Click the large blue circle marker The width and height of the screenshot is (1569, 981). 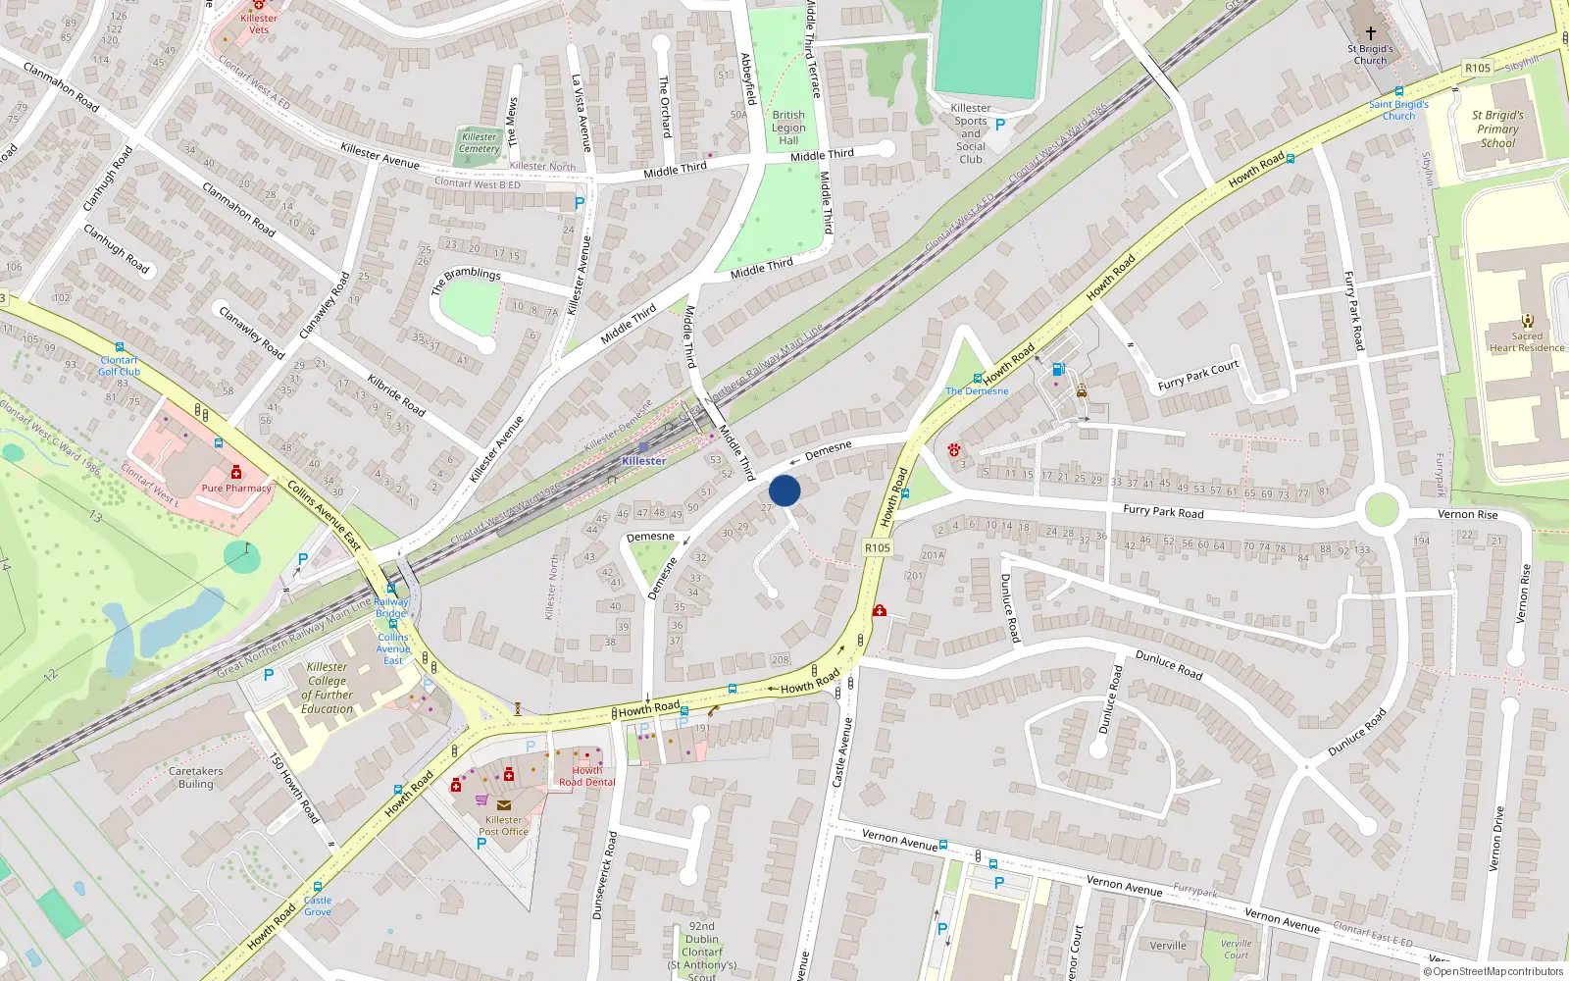tap(784, 490)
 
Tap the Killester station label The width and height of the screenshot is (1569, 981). tap(644, 460)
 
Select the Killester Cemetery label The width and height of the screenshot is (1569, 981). tap(479, 143)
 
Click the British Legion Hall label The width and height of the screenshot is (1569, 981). tap(788, 128)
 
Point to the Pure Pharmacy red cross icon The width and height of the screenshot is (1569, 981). tap(236, 472)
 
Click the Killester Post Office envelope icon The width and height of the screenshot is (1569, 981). tap(503, 805)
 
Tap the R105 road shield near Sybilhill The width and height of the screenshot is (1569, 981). tap(1477, 68)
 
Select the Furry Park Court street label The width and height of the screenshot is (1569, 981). tap(1198, 376)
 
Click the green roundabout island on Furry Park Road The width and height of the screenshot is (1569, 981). tap(1381, 510)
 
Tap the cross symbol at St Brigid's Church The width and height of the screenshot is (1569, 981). tap(1370, 32)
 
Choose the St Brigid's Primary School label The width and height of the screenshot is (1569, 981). tap(1497, 129)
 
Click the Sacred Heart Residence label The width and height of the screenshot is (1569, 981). tap(1527, 341)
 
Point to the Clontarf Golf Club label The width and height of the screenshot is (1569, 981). tap(119, 366)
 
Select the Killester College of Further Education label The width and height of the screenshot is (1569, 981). tap(327, 688)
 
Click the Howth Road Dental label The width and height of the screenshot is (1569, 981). tap(586, 776)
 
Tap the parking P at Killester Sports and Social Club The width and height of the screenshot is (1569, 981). tap(1000, 125)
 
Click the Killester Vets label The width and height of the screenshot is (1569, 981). tap(259, 24)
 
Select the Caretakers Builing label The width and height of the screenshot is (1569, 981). tap(195, 777)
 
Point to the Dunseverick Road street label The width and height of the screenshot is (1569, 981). tap(604, 875)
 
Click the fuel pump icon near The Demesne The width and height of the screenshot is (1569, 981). tap(1058, 369)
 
